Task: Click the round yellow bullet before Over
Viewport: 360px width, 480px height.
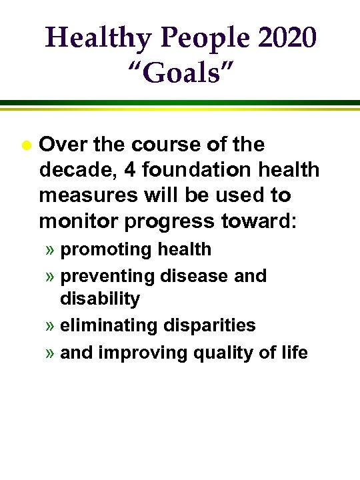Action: pyautogui.click(x=25, y=145)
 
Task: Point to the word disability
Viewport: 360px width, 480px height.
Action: pyautogui.click(x=100, y=299)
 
